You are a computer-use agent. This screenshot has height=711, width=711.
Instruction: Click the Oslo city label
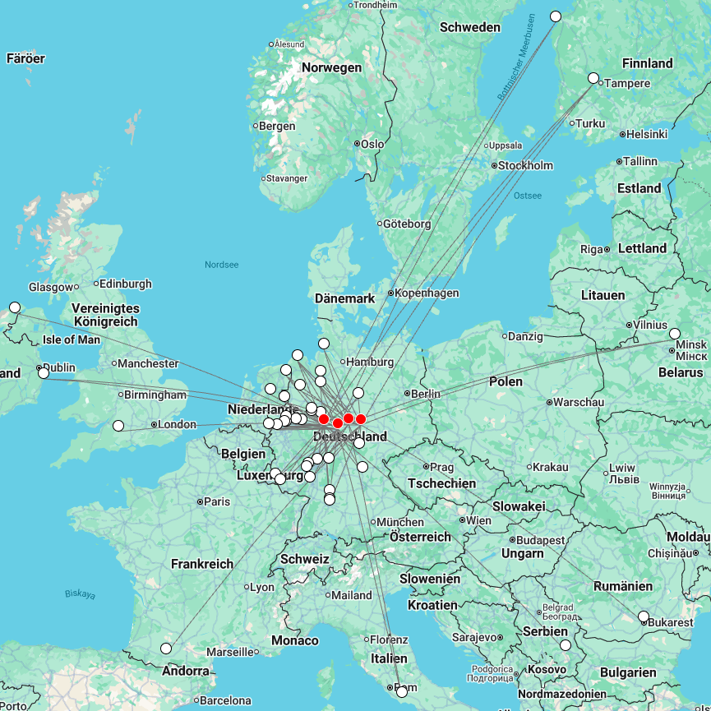[x=372, y=144]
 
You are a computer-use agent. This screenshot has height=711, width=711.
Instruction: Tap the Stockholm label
[x=526, y=165]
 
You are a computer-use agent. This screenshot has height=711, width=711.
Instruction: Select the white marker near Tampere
[x=593, y=78]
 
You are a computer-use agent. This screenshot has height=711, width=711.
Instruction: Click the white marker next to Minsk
[x=675, y=334]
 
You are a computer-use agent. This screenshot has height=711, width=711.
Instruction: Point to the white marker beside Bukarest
[x=644, y=616]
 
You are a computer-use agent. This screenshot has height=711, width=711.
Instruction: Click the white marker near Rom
[x=402, y=692]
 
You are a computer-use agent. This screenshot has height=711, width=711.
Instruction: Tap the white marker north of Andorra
[x=166, y=649]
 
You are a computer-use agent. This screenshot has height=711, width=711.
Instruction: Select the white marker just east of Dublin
[x=44, y=373]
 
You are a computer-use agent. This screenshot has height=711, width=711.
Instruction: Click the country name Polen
[x=506, y=381]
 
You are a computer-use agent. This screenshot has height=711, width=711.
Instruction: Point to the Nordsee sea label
[x=221, y=265]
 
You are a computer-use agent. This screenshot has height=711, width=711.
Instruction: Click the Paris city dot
[x=201, y=501]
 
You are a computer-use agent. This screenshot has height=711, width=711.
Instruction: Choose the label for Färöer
[x=25, y=58]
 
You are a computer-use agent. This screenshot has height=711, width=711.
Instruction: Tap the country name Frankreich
[x=202, y=564]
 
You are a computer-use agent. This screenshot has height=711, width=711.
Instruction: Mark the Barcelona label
[x=225, y=701]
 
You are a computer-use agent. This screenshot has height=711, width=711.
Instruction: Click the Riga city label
[x=592, y=249]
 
